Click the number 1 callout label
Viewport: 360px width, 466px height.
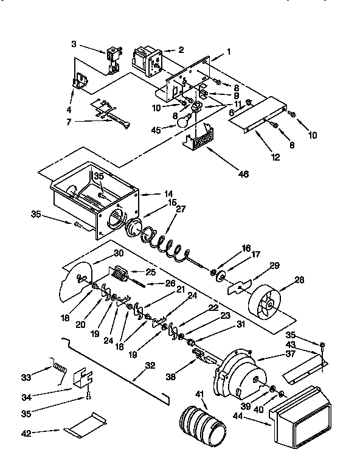(228, 52)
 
